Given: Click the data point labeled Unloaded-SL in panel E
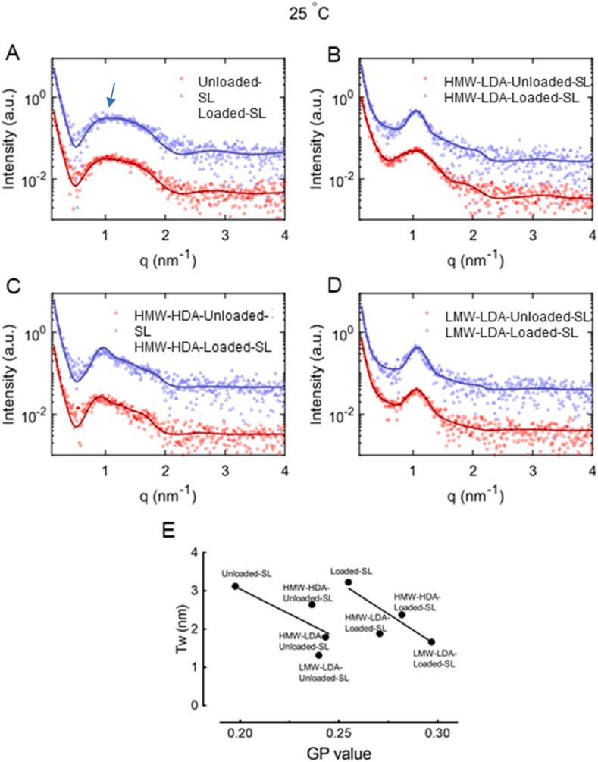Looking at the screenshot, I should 235,586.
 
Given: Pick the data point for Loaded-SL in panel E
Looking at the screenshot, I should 348,582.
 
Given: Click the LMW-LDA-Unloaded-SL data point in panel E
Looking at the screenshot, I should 319,655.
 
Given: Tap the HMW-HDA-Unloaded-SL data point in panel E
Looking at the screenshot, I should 312,604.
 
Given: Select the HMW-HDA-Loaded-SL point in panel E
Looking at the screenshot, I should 402,614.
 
